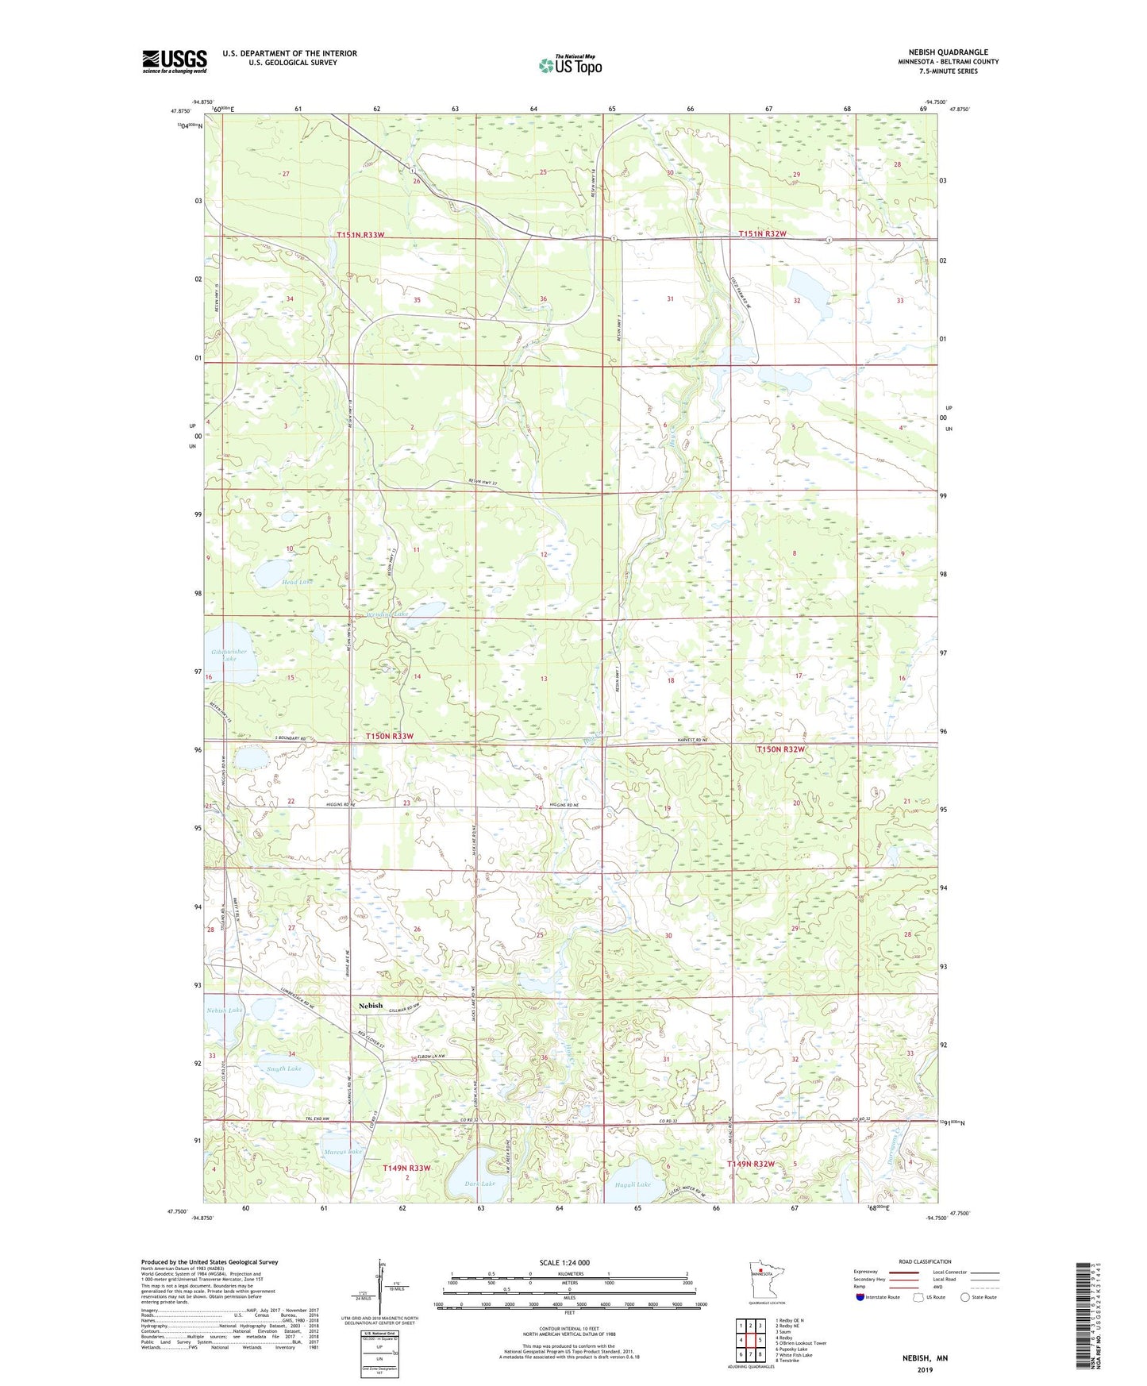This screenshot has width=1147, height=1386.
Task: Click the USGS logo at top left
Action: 175,61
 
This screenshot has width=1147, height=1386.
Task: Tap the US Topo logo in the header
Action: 570,65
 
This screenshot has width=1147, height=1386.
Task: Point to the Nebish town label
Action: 370,1006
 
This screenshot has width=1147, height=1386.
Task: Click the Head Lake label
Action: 275,582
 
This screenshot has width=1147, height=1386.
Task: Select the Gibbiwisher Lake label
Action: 229,655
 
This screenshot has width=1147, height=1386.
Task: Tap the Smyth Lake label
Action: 284,1068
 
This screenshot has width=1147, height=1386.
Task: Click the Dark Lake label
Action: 480,1184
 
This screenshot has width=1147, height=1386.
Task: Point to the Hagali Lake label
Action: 633,1184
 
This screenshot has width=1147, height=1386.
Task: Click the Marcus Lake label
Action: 343,1152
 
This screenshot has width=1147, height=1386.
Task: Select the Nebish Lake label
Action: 225,1011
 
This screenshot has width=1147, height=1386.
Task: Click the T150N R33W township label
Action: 390,737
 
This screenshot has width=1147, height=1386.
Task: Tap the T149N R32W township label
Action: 762,1164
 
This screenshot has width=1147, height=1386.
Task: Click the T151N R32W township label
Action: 762,233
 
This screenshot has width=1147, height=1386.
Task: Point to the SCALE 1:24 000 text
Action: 564,1262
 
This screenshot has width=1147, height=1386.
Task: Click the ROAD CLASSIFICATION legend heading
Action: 925,1261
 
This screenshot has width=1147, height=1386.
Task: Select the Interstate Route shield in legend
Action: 860,1297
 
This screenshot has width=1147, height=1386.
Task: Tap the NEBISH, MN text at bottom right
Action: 925,1358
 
